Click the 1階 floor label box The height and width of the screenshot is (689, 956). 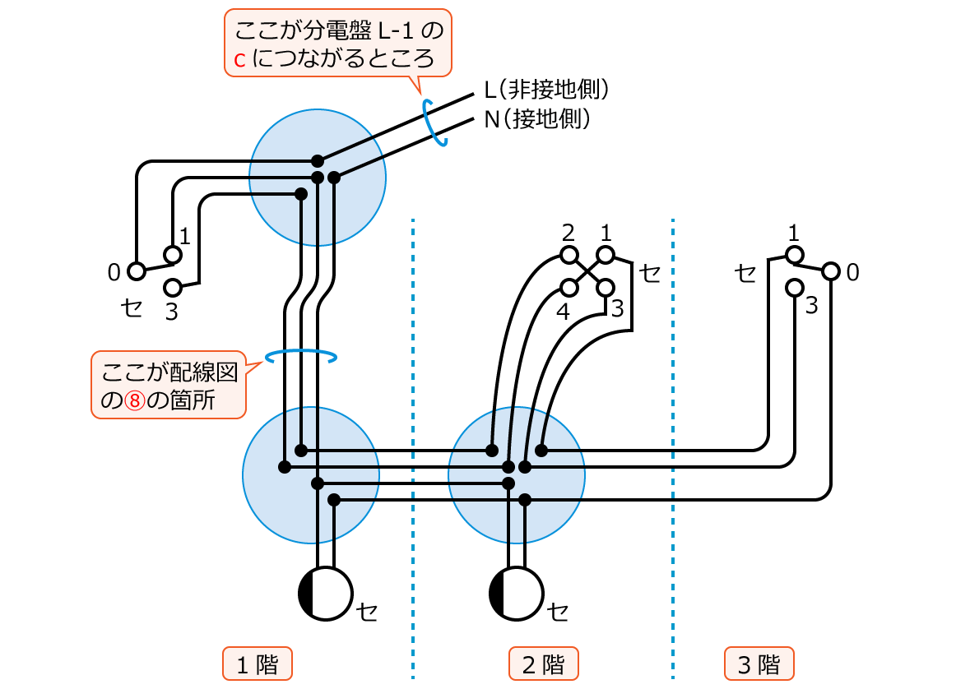point(258,664)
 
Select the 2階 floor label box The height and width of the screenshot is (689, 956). point(544,664)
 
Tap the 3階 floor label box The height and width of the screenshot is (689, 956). point(759,664)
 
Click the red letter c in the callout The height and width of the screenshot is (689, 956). point(239,59)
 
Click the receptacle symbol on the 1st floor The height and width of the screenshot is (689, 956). point(326,594)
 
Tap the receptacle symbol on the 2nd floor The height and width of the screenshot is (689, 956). point(517,594)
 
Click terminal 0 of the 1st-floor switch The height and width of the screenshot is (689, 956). point(137,271)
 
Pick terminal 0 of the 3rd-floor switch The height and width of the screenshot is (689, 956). point(831,271)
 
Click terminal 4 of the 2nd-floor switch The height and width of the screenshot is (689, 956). point(568,288)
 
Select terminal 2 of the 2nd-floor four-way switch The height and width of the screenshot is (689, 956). point(568,255)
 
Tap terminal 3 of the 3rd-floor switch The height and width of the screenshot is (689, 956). point(794,288)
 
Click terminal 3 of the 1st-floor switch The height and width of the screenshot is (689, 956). point(173,288)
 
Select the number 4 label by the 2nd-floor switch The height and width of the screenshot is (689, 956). point(564,312)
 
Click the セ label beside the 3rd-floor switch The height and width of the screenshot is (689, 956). point(746,272)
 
